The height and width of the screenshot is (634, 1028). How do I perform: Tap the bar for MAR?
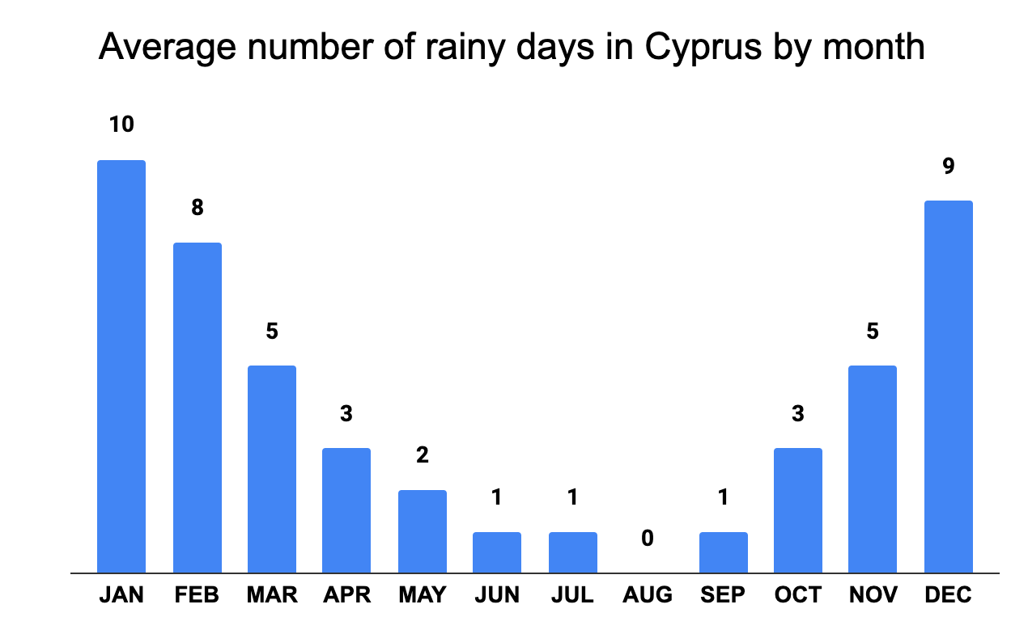tap(272, 469)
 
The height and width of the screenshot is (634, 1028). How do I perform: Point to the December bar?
tap(949, 387)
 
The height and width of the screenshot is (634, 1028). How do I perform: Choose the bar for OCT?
tap(798, 510)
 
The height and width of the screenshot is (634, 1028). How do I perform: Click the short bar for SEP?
tap(724, 552)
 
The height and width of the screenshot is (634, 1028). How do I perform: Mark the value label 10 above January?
tap(121, 125)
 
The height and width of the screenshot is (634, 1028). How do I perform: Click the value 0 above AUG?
tap(648, 538)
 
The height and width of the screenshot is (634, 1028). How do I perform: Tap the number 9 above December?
tap(949, 166)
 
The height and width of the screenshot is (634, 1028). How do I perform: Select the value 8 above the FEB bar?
tap(198, 207)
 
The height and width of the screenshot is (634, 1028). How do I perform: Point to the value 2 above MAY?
tap(423, 454)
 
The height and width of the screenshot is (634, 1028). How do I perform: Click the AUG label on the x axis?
tap(648, 596)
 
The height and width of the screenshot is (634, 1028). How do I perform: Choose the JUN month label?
tap(497, 596)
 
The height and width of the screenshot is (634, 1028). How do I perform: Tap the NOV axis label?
tap(873, 596)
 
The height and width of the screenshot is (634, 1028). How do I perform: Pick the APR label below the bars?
tap(346, 596)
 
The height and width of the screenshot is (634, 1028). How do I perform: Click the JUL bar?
tap(573, 552)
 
